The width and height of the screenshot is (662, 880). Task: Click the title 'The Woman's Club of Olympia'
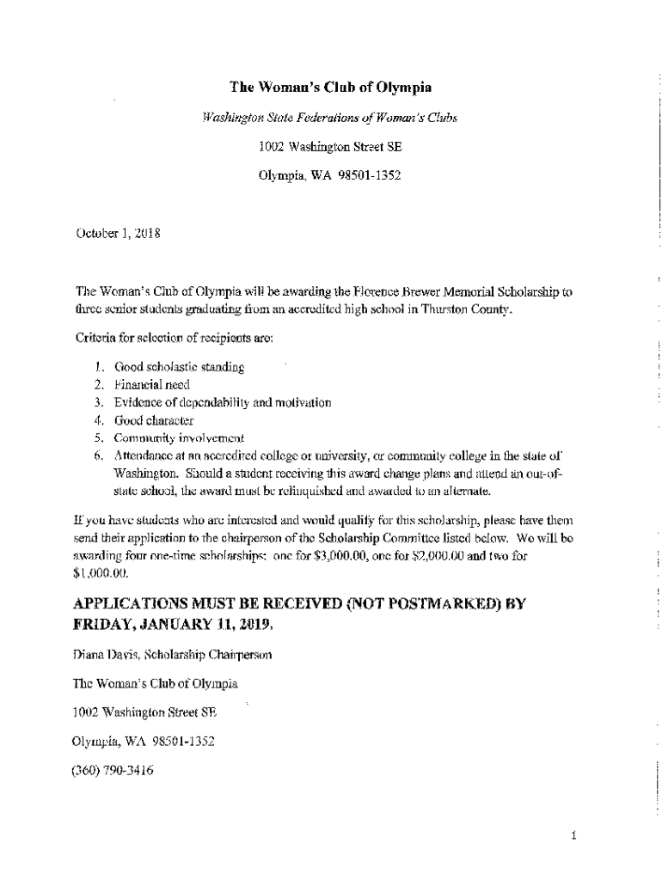(x=330, y=88)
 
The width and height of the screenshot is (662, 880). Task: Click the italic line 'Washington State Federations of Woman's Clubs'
(x=330, y=118)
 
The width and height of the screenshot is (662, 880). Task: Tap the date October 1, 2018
(x=113, y=233)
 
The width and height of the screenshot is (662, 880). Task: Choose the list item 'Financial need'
(x=152, y=385)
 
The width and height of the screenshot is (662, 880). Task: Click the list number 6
(x=100, y=455)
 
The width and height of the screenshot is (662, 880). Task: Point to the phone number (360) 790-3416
(x=113, y=771)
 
